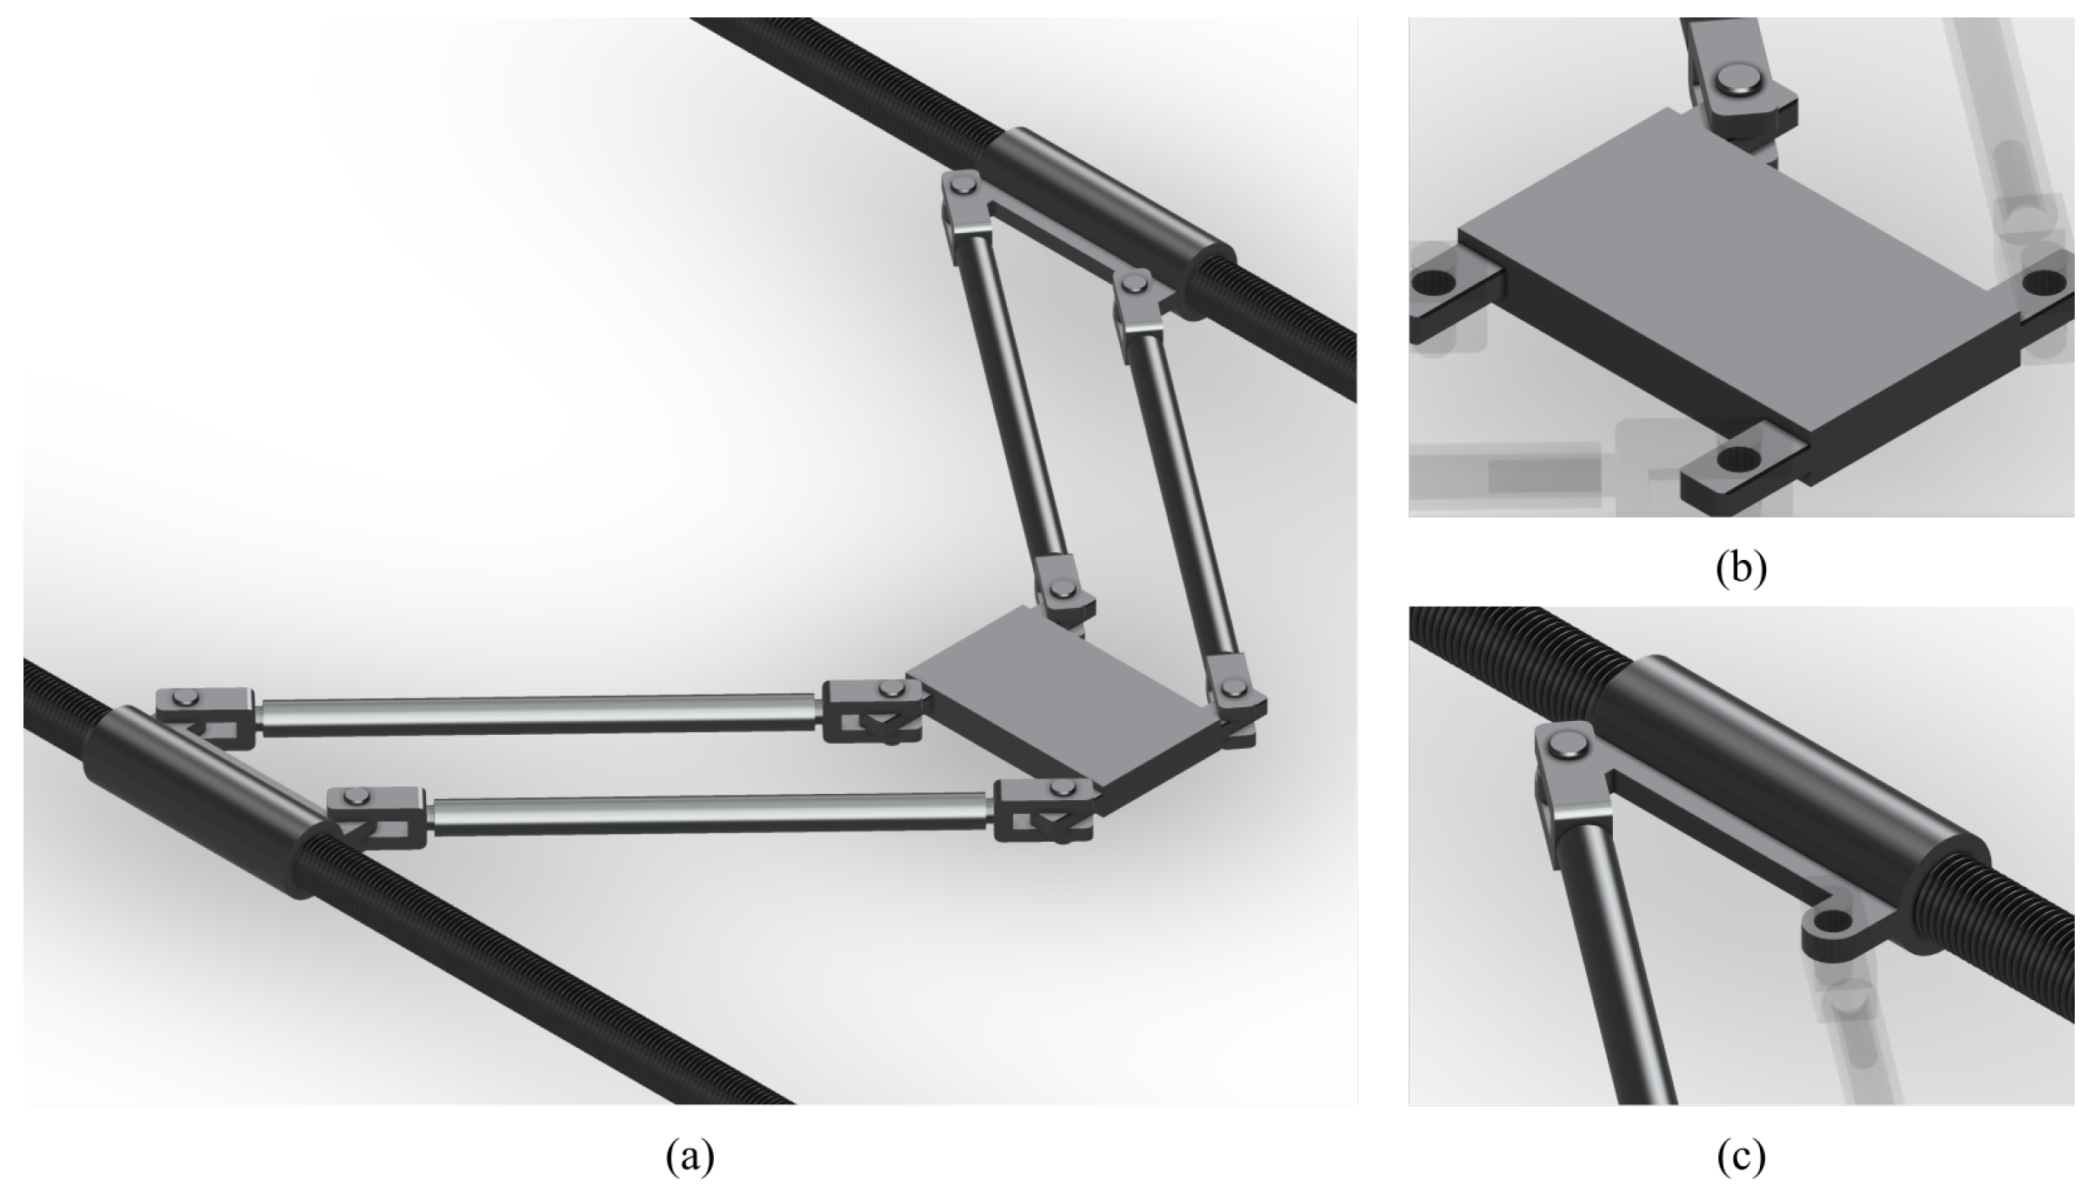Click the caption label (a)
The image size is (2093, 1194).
(690, 1157)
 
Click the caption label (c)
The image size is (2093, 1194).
(1741, 1157)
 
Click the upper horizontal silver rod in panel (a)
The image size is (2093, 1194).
(539, 715)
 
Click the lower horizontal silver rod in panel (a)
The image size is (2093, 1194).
(710, 814)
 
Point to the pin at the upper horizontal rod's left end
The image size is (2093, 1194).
(185, 696)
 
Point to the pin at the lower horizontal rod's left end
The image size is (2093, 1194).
(356, 795)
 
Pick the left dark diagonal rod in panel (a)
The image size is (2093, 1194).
(1014, 399)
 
